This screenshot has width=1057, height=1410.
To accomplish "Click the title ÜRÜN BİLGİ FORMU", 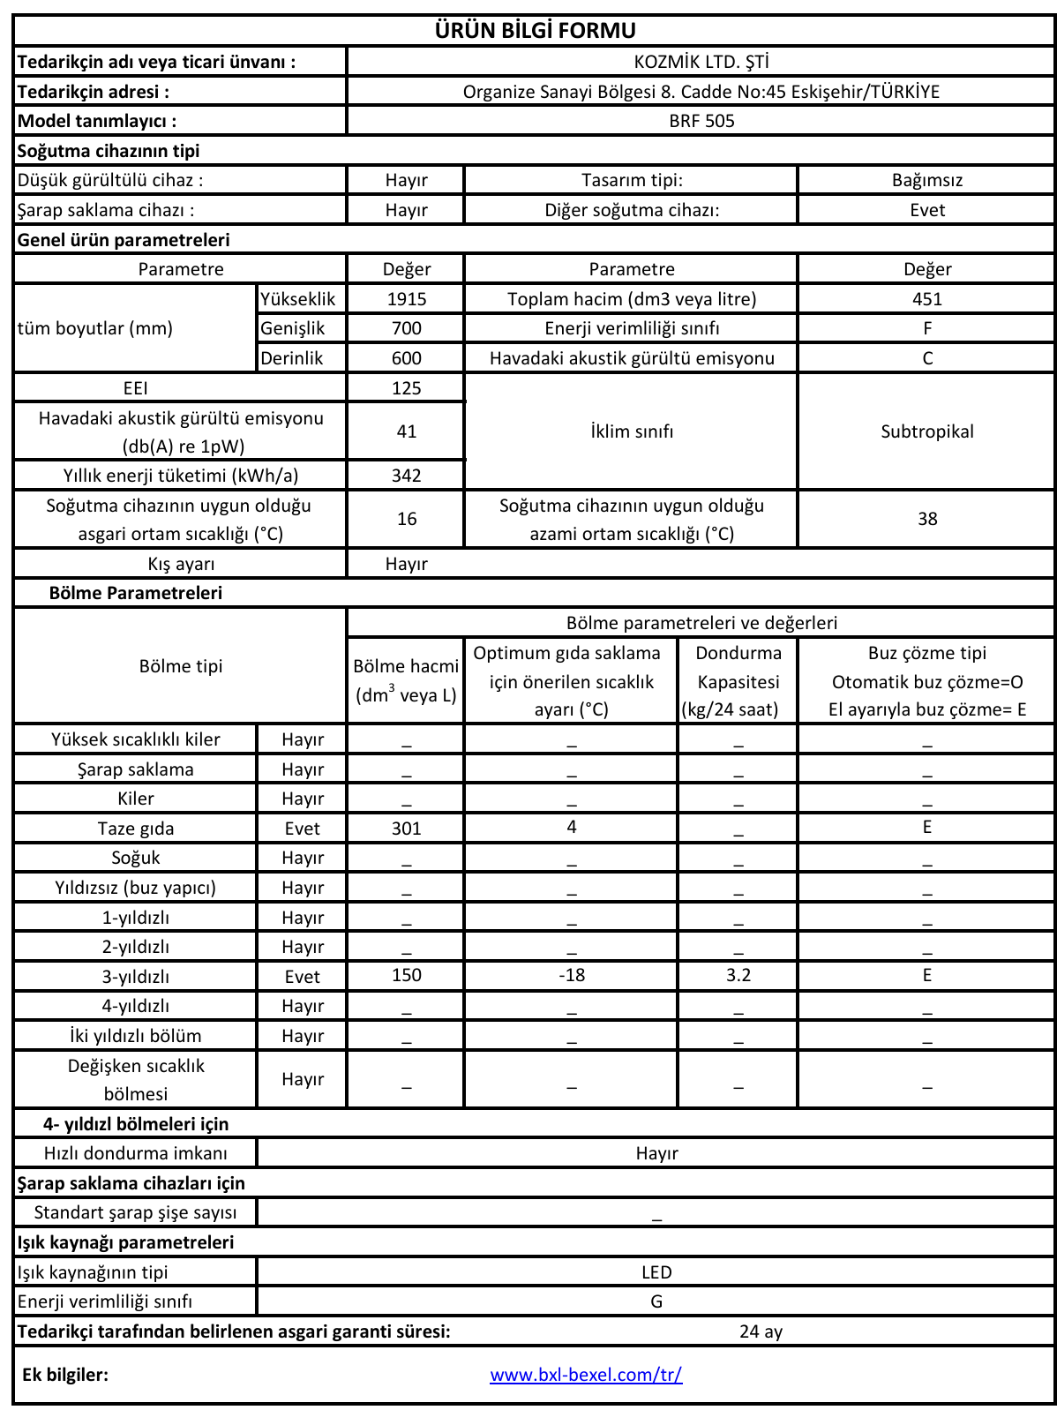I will pos(535,31).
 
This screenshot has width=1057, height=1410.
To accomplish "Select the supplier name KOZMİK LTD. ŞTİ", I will pos(701,62).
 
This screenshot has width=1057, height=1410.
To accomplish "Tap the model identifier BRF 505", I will pos(701,121).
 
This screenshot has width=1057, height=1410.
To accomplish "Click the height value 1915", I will pos(406,299).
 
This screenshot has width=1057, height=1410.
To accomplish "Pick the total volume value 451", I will pos(926,299).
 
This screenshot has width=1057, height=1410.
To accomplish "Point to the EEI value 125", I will pos(406,388).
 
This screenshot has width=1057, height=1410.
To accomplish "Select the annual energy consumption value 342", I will pos(406,476).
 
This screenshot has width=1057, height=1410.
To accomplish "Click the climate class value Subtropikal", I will pos(926,431).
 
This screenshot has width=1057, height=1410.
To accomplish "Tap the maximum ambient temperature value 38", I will pos(926,519).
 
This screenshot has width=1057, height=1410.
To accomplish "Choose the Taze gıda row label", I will pos(136,829).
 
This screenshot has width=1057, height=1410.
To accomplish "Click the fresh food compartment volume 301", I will pos(406,829).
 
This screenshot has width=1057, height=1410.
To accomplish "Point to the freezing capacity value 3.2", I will pos(738,975).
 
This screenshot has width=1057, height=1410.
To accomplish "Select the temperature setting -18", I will pos(571,975).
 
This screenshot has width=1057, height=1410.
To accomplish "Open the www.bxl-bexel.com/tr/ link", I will pos(586,1375).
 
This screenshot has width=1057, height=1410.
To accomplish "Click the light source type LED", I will pos(656,1272).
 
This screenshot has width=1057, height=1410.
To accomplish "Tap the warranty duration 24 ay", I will pos(761,1331).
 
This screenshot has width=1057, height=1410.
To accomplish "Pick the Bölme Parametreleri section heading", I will pos(136,593).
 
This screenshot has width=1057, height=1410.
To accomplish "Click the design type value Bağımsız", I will pos(926,180).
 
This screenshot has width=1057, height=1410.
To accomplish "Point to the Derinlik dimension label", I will pos(291,358).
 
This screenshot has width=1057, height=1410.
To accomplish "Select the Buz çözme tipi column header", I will pos(926,653).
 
